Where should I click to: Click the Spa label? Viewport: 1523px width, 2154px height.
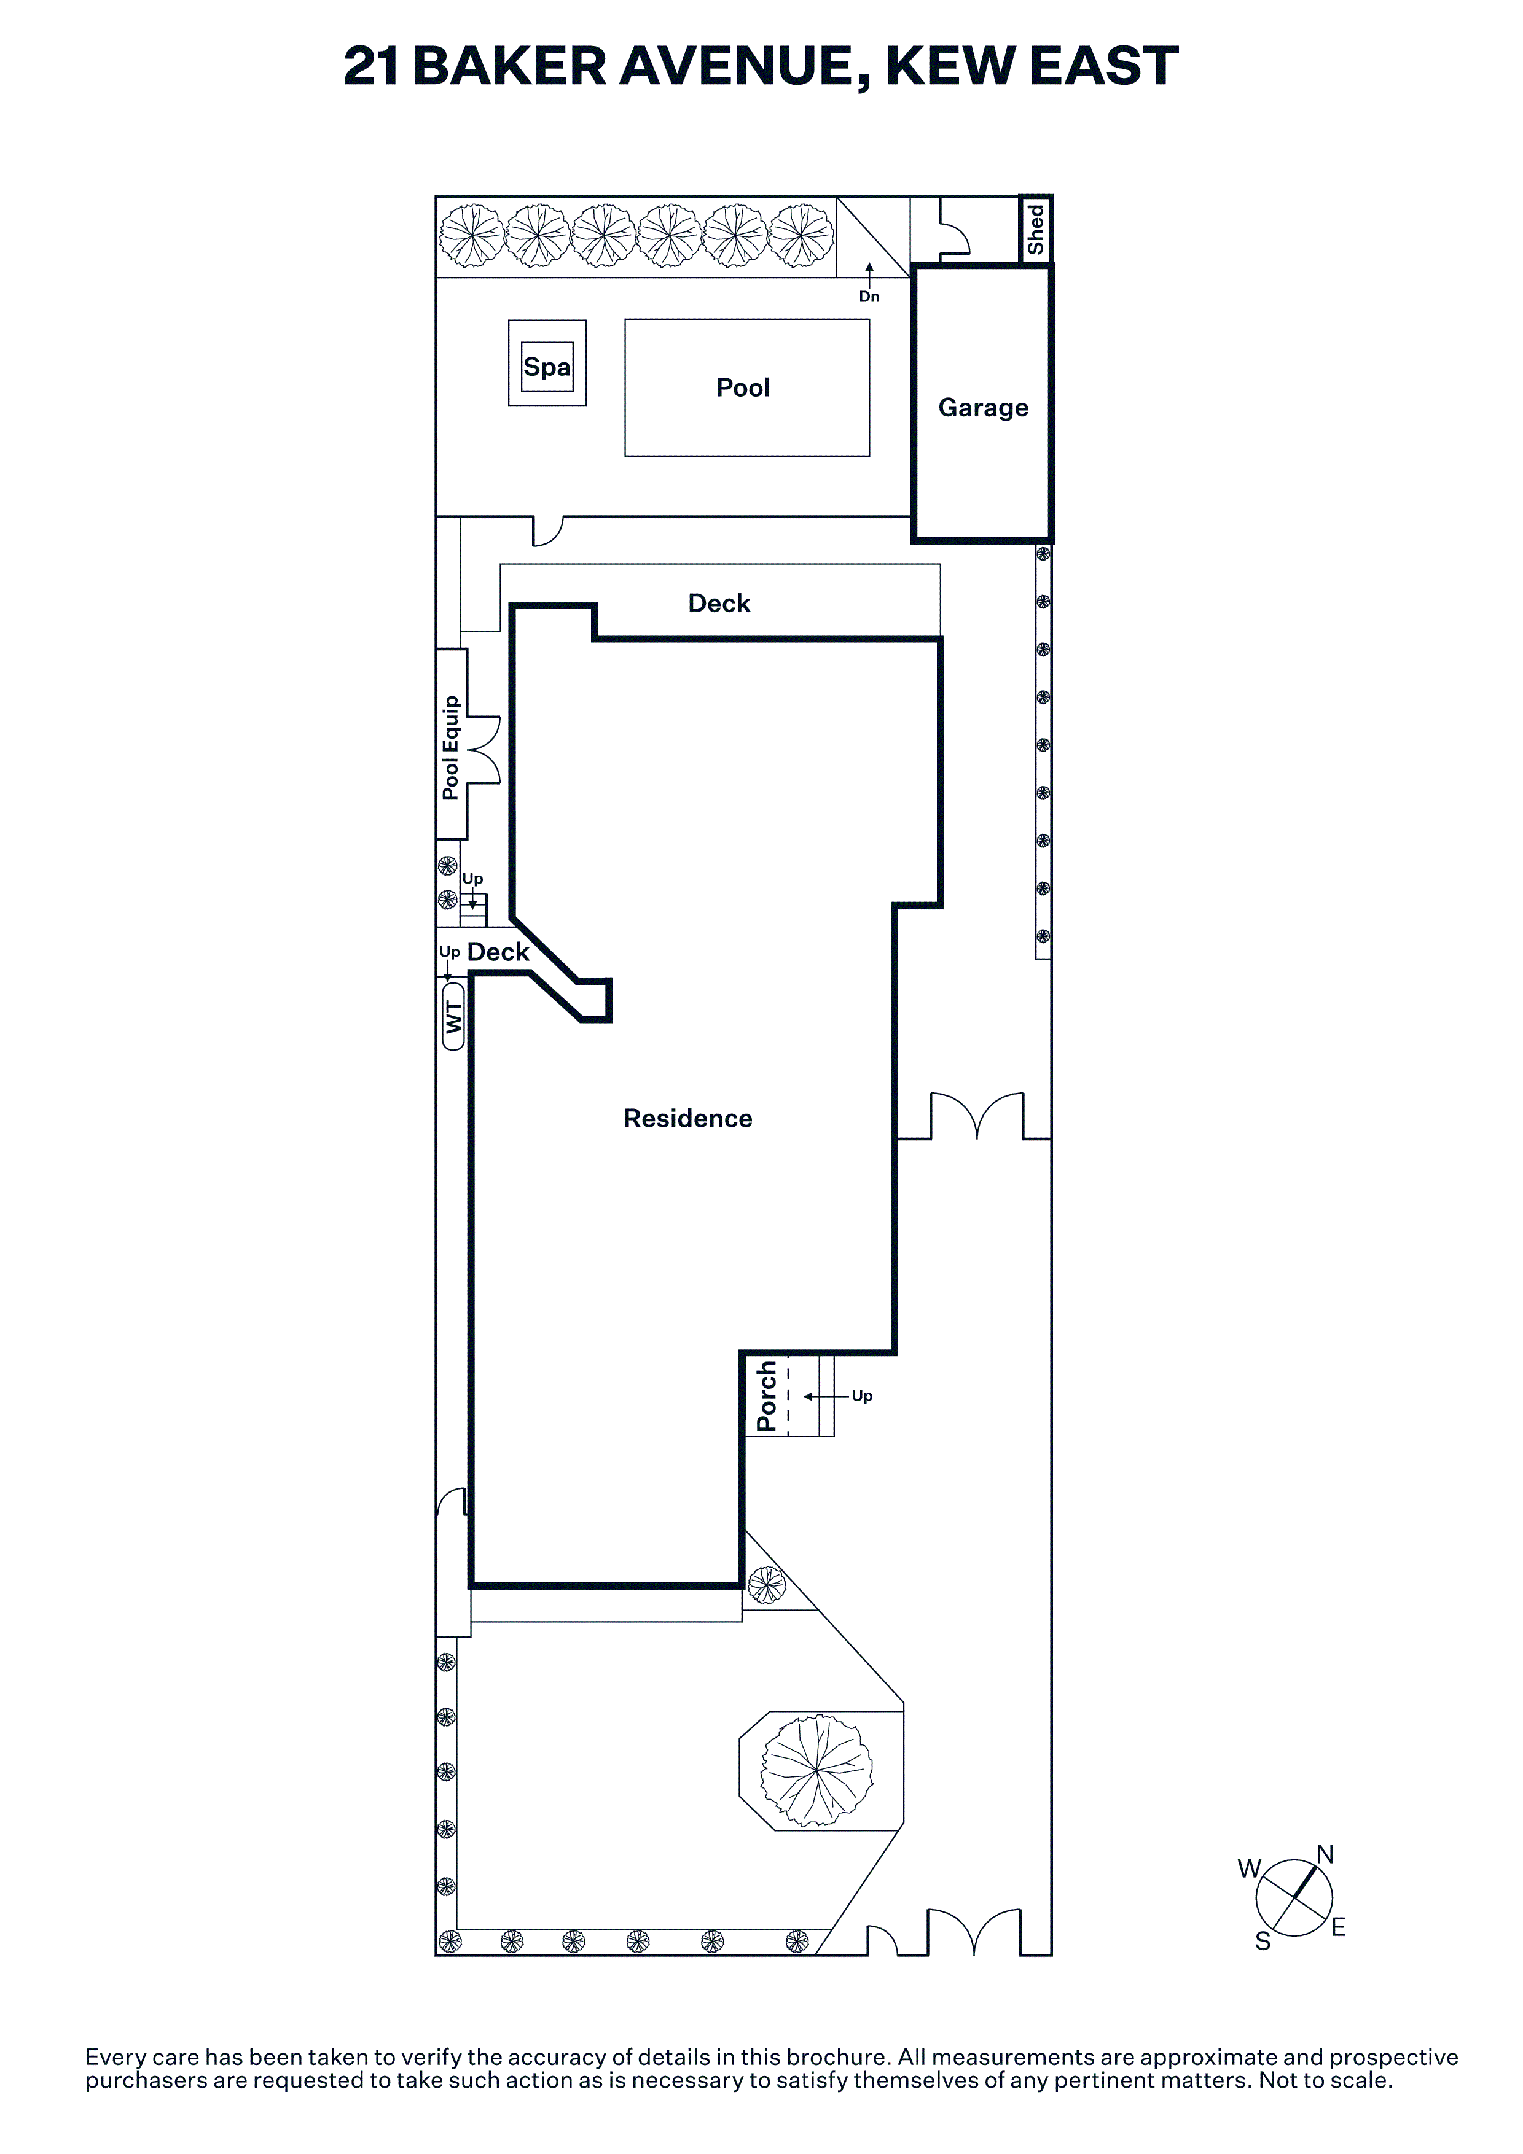coord(547,367)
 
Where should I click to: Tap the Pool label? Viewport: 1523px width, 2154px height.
coord(743,387)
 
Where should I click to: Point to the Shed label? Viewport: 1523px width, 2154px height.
coord(1036,230)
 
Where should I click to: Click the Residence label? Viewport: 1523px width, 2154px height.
coord(688,1118)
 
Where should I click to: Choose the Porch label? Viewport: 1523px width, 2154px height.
coord(767,1396)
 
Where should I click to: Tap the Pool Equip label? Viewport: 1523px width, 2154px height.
coord(452,748)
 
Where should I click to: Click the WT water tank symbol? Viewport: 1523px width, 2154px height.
coord(454,1016)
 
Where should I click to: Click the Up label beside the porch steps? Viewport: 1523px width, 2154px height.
coord(863,1396)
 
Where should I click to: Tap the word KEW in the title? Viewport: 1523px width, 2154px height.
coord(949,66)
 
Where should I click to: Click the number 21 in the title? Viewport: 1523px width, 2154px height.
coord(372,66)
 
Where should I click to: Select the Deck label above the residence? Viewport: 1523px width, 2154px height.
coord(720,603)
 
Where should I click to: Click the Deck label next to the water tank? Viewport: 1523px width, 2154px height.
coord(498,952)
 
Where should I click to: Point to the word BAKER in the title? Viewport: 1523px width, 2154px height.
coord(509,66)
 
